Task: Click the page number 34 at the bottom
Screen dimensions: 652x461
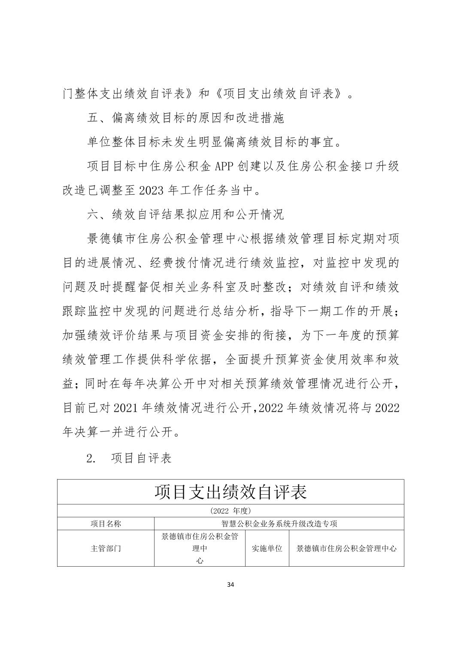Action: pyautogui.click(x=231, y=584)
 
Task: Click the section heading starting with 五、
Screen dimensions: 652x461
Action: pyautogui.click(x=185, y=118)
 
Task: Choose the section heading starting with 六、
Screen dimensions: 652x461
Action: pyautogui.click(x=185, y=214)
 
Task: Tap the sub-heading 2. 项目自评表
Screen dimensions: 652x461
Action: pyautogui.click(x=129, y=458)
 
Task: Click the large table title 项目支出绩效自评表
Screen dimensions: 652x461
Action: pyautogui.click(x=231, y=492)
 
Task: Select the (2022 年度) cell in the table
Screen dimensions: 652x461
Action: pyautogui.click(x=231, y=510)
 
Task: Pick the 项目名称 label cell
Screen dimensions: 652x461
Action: pyautogui.click(x=106, y=524)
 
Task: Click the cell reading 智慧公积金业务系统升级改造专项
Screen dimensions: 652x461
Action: pyautogui.click(x=279, y=524)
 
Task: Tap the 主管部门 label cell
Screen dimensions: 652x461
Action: pyautogui.click(x=106, y=549)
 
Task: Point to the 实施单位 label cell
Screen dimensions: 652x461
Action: pyautogui.click(x=267, y=549)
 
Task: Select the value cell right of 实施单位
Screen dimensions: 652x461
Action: pyautogui.click(x=346, y=549)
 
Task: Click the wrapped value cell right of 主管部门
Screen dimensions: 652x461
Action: pyautogui.click(x=200, y=549)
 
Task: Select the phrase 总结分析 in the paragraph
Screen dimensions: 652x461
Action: pyautogui.click(x=235, y=311)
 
